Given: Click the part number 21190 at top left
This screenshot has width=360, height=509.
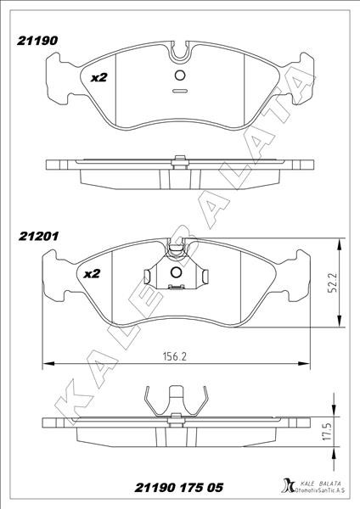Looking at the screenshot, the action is point(37,41).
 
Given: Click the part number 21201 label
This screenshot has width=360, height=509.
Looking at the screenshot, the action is point(39,236).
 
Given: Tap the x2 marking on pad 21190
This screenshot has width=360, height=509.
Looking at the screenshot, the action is point(98,77).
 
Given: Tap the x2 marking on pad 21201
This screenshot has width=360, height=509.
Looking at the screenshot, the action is point(92,274).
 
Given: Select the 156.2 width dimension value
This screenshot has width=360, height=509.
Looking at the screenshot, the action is point(174,356).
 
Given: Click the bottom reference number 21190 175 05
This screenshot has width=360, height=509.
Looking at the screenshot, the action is point(179,488).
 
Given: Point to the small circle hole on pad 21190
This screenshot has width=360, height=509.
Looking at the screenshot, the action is point(180,76).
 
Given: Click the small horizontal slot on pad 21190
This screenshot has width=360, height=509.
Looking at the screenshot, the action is point(180,91).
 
